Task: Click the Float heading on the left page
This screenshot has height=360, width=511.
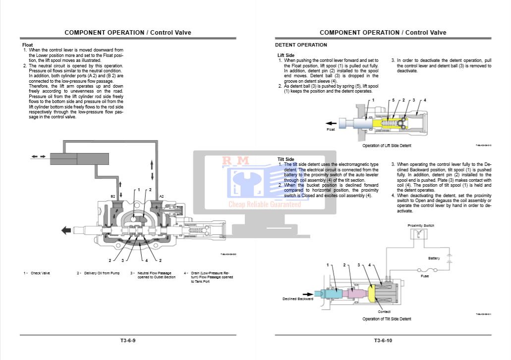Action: (x=28, y=45)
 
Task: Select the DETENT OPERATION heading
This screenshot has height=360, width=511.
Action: (x=301, y=45)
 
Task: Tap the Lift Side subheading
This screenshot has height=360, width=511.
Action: (x=286, y=55)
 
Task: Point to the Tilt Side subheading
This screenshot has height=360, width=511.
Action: (x=285, y=159)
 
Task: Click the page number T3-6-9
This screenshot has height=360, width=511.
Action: (x=127, y=340)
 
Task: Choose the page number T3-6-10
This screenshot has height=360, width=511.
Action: (x=383, y=340)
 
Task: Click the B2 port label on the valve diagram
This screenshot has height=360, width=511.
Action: (x=113, y=197)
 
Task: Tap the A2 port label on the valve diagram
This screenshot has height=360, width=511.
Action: (x=162, y=197)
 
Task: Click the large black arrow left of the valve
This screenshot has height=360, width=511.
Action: (x=65, y=230)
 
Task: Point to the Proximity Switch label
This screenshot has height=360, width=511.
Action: (x=421, y=226)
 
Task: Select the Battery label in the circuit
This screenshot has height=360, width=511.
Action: (x=434, y=258)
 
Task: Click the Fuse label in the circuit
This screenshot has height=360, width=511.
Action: (x=425, y=276)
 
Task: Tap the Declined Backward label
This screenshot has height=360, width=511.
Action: (x=298, y=299)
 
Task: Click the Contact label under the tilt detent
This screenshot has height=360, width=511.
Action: (x=384, y=311)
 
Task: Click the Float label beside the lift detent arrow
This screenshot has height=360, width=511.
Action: (x=331, y=130)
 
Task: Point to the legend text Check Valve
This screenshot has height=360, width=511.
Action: (x=40, y=273)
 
